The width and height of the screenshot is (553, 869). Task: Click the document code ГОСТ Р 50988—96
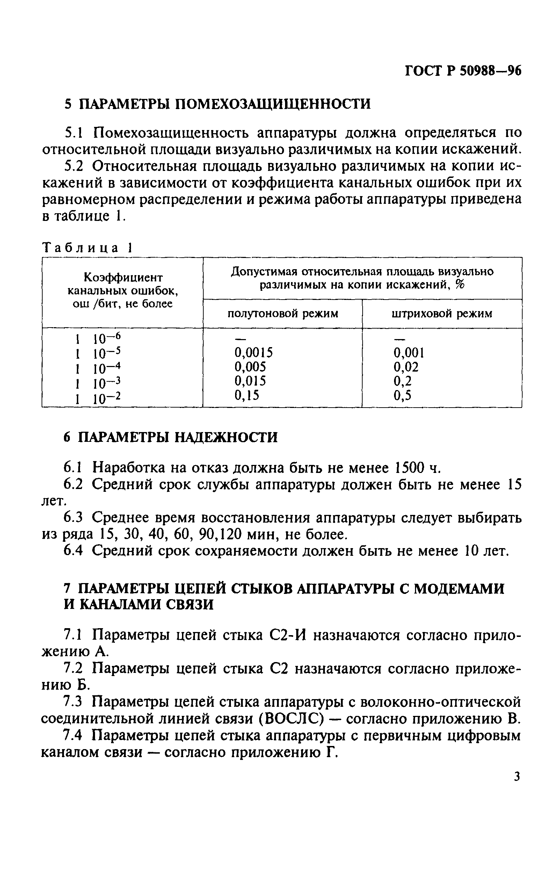[463, 71]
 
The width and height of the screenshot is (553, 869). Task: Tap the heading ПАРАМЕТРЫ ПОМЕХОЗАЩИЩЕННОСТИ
[225, 104]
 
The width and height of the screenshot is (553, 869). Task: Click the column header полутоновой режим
[283, 314]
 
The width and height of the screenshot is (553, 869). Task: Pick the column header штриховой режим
[442, 314]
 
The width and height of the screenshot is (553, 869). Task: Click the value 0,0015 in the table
[254, 352]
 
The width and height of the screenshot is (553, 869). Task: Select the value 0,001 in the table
[409, 353]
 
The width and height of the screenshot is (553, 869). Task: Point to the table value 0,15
[247, 396]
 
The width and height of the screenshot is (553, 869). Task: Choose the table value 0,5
[402, 396]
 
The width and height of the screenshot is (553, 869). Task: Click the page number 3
[517, 776]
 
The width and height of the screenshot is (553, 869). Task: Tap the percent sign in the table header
[460, 285]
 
